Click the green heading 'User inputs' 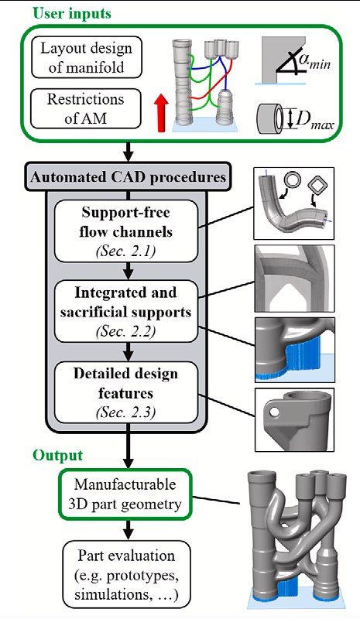(72, 13)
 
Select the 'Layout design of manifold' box (86, 57)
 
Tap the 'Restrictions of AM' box (86, 108)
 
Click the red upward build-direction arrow (161, 113)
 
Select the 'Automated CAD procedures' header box (128, 176)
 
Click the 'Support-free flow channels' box (125, 231)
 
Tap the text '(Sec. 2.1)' (125, 251)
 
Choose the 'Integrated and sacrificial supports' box (125, 311)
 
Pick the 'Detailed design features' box (125, 392)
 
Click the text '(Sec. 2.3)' (125, 412)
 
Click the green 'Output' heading (58, 455)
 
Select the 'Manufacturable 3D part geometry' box (125, 494)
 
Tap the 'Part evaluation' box (126, 575)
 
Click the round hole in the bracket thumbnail (275, 413)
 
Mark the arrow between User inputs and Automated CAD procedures (128, 152)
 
